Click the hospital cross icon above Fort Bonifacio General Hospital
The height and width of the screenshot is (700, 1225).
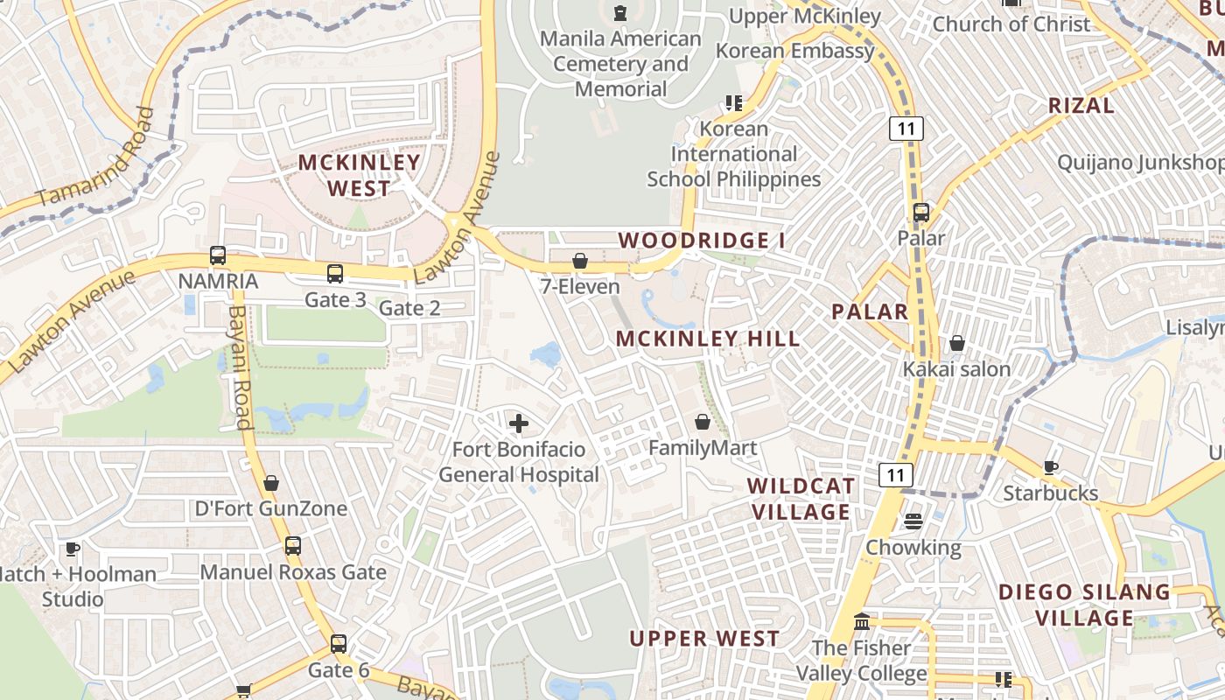pyautogui.click(x=519, y=424)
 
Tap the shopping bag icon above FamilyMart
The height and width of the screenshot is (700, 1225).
pyautogui.click(x=702, y=423)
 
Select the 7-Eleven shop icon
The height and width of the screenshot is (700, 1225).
pyautogui.click(x=579, y=261)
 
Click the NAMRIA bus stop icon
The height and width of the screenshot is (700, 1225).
pyautogui.click(x=218, y=256)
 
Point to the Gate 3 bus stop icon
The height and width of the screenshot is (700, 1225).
pyautogui.click(x=335, y=274)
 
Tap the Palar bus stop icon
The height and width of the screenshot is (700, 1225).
pyautogui.click(x=920, y=213)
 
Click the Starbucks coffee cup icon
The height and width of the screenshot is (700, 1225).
pyautogui.click(x=1051, y=468)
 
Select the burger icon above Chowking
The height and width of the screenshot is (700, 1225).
pyautogui.click(x=913, y=521)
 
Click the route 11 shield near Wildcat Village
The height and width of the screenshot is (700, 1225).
pyautogui.click(x=896, y=475)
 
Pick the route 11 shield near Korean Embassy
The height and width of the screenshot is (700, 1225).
pyautogui.click(x=906, y=129)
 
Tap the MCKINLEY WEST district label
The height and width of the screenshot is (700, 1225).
pyautogui.click(x=360, y=175)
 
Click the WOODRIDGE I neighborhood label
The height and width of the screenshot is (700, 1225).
pyautogui.click(x=702, y=240)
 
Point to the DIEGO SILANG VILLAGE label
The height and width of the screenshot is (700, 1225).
pyautogui.click(x=1085, y=605)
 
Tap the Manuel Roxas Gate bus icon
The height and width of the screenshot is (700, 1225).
pyautogui.click(x=293, y=546)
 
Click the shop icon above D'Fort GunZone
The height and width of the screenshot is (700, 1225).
pyautogui.click(x=271, y=483)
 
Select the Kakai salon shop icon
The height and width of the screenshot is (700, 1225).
pyautogui.click(x=957, y=344)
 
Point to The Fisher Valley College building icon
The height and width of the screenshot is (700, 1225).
pyautogui.click(x=862, y=621)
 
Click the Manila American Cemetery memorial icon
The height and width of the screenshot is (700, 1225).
pyautogui.click(x=620, y=13)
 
